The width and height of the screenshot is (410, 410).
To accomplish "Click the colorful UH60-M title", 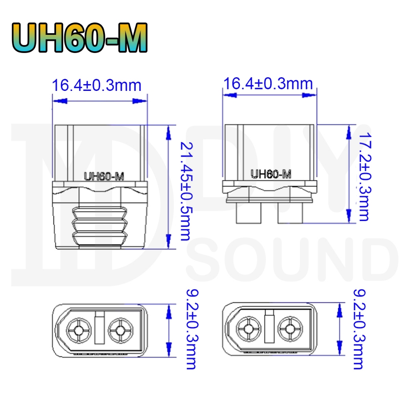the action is click(80, 37).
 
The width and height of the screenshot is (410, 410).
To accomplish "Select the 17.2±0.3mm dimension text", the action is click(365, 177).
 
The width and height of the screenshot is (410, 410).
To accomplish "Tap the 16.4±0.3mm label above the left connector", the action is click(96, 85).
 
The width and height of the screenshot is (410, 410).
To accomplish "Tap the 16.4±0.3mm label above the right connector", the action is click(268, 84).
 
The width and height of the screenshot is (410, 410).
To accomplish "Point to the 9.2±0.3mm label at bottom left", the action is click(192, 329).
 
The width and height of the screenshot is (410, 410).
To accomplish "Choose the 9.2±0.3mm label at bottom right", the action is click(359, 329).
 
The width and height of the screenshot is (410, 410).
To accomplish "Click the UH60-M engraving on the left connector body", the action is click(104, 176).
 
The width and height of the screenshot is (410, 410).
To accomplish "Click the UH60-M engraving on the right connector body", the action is click(271, 174).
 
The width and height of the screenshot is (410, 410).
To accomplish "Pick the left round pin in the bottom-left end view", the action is click(79, 330).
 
